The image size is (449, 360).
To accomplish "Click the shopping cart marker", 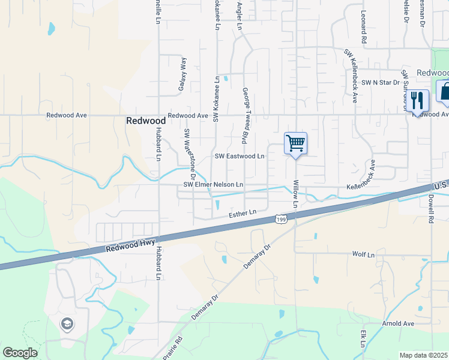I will click(295, 144).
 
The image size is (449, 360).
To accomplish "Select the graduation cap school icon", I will click(67, 325).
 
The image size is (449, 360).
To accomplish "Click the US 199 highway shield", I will click(281, 220).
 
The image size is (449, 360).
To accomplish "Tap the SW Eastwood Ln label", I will click(240, 157).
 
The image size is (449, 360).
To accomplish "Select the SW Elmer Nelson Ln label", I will click(213, 185).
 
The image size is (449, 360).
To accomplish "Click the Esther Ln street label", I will click(243, 213).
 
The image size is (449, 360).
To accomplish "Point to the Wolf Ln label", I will click(363, 254).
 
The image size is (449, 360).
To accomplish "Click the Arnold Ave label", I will click(399, 323).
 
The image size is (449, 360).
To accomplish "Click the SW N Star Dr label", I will click(371, 82).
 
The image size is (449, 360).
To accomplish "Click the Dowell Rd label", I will click(431, 208).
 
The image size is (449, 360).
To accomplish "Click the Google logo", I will click(20, 353).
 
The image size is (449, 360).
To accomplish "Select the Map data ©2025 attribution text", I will click(423, 355).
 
